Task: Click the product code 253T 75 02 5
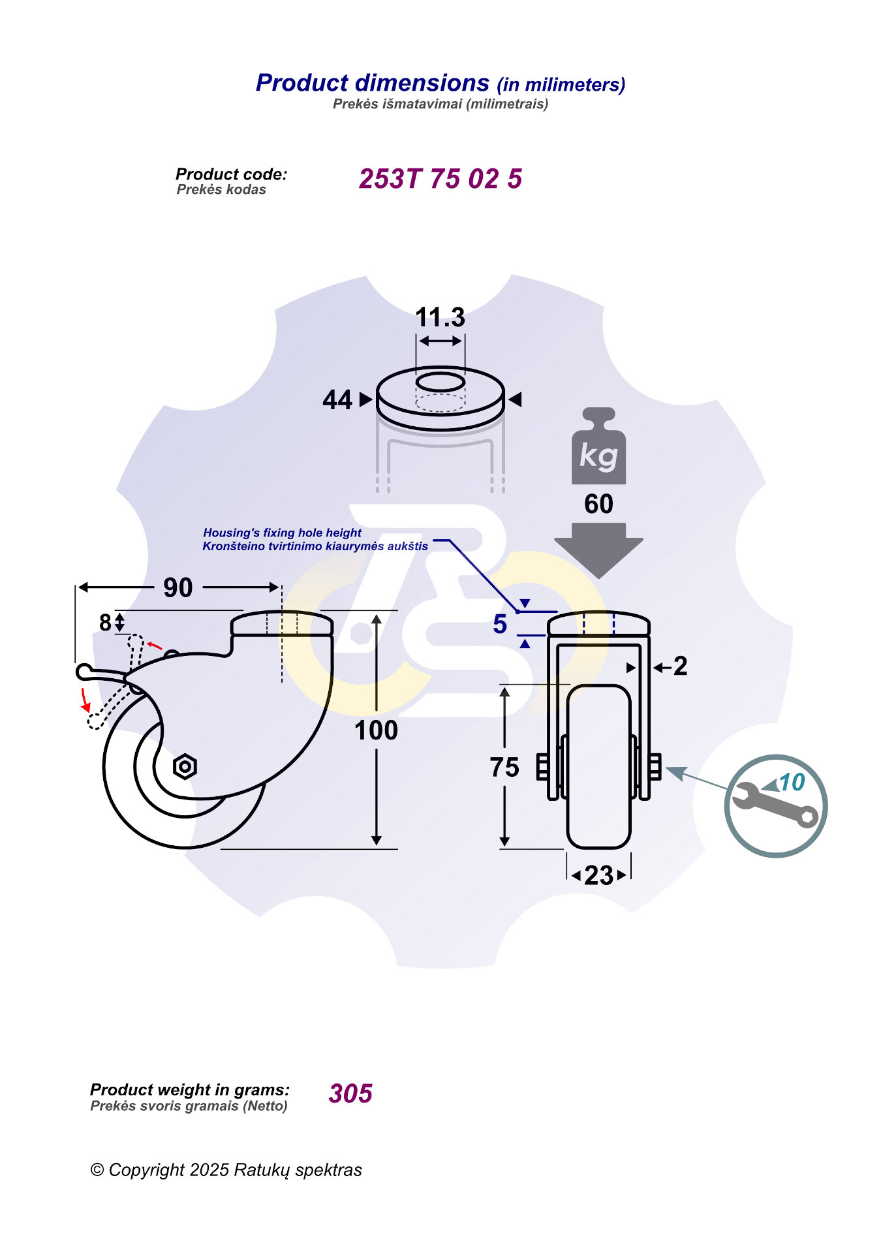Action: coord(440,179)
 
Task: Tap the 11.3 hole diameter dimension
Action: coord(440,318)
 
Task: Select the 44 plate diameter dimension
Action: coord(337,399)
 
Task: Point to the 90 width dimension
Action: coord(178,587)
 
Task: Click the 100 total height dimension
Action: coord(376,730)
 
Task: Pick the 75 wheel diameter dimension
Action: coord(504,768)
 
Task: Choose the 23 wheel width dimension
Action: coord(598,875)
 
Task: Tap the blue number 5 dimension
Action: coord(500,624)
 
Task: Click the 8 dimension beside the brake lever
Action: coord(105,623)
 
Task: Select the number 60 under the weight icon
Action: coord(598,504)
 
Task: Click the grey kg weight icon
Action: coord(598,448)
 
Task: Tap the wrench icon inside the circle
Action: coord(774,805)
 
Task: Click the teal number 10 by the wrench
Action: coord(792,782)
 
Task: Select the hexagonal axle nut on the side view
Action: coord(185,766)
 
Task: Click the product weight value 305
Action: coord(350,1093)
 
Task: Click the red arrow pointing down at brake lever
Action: coord(85,700)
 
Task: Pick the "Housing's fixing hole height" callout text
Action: coord(282,533)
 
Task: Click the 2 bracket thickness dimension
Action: coord(680,666)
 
